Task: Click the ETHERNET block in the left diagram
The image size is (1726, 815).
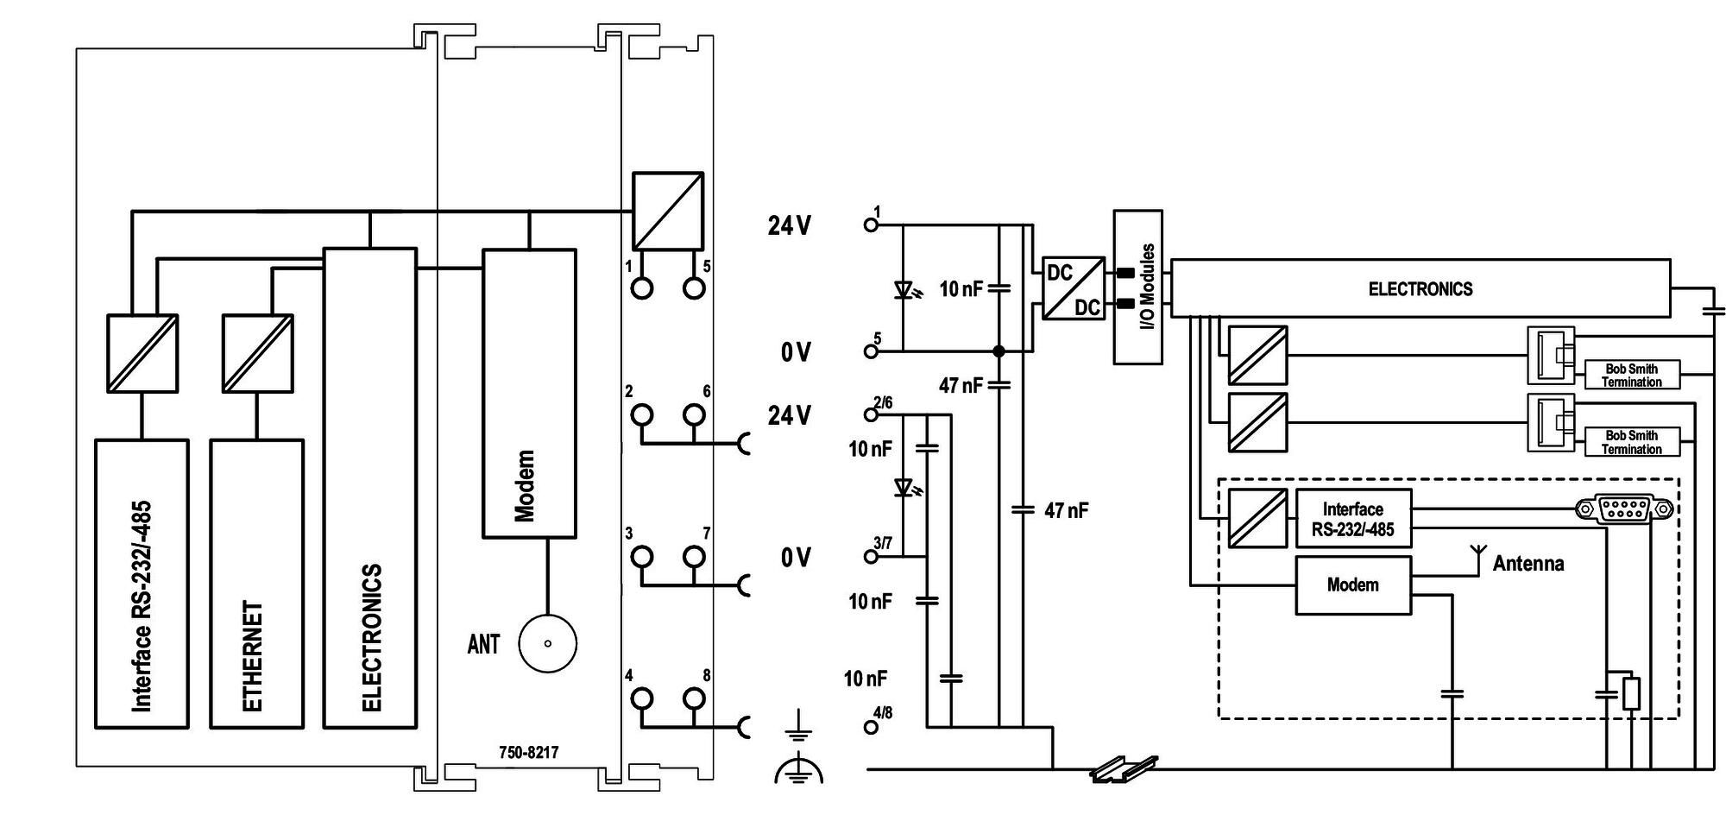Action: click(x=256, y=584)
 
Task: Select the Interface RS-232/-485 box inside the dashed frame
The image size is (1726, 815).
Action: click(x=1353, y=519)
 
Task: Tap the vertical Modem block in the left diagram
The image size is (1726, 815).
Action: click(x=529, y=394)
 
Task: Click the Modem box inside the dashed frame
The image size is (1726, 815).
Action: click(x=1353, y=585)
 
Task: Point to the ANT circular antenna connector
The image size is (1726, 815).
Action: click(x=547, y=643)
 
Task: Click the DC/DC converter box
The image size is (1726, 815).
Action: click(x=1074, y=288)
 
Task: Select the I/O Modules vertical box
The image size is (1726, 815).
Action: click(x=1137, y=287)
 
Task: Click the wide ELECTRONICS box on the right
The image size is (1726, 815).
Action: click(x=1420, y=288)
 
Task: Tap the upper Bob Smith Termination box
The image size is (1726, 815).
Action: click(x=1632, y=376)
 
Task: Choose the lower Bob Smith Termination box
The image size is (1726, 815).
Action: click(x=1632, y=442)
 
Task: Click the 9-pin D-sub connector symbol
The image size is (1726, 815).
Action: click(x=1624, y=509)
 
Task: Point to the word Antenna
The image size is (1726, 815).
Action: click(x=1528, y=564)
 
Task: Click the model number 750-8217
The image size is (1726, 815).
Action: click(x=528, y=753)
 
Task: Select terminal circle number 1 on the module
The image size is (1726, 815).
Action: click(x=642, y=288)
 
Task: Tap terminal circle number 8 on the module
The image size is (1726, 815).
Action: click(x=694, y=698)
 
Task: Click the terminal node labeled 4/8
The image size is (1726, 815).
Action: click(x=872, y=727)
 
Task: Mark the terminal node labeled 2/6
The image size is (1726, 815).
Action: click(x=872, y=415)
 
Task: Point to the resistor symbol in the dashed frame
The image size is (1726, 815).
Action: click(x=1630, y=694)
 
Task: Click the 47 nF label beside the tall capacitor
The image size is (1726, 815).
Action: click(x=1067, y=510)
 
